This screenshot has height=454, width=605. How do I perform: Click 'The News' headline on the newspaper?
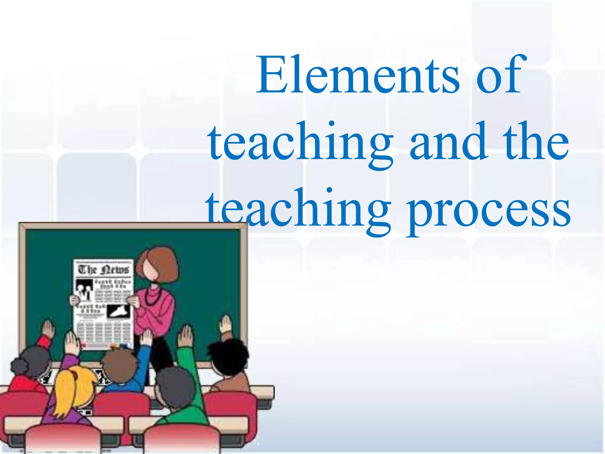[x=103, y=269]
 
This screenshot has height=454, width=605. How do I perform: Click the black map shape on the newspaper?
[x=118, y=312]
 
